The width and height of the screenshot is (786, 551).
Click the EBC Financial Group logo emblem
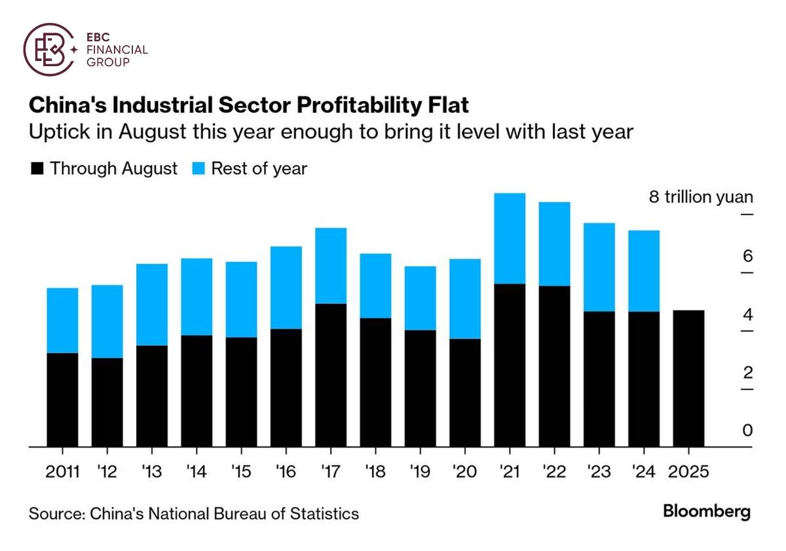click(x=48, y=48)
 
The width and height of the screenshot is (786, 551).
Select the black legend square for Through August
click(x=37, y=168)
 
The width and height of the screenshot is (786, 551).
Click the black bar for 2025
click(x=688, y=379)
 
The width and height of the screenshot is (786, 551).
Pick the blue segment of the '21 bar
click(x=510, y=238)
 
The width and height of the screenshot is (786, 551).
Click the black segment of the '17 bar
click(x=331, y=375)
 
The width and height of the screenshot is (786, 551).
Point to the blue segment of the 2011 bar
click(x=62, y=320)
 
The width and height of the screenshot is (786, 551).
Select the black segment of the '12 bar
click(x=107, y=402)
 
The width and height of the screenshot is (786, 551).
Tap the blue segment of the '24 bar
click(x=644, y=271)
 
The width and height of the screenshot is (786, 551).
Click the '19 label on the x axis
click(x=420, y=471)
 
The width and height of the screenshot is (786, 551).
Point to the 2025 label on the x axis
click(x=688, y=471)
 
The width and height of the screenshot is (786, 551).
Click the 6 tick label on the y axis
click(x=747, y=256)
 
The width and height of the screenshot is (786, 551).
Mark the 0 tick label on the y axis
click(x=747, y=430)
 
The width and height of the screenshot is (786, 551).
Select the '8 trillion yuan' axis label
click(x=701, y=197)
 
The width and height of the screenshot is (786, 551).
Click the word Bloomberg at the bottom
click(x=707, y=512)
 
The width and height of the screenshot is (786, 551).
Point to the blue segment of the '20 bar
click(x=464, y=299)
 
